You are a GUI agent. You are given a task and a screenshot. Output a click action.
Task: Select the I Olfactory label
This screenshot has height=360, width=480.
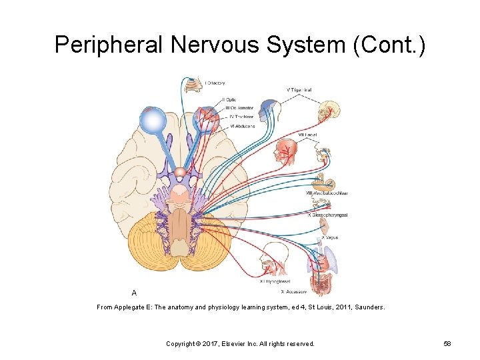[x=215, y=83]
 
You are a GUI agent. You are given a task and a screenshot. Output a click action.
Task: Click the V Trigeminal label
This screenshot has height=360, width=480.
[x=299, y=89]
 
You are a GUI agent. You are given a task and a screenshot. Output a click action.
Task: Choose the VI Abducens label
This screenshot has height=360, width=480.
[x=242, y=126]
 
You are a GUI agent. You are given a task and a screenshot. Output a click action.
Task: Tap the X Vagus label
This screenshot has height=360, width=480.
[x=329, y=237]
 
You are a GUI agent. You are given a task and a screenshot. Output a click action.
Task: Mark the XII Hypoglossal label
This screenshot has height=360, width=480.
[x=274, y=281]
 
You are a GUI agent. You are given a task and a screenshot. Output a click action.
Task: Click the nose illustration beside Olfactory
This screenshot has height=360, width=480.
[x=191, y=83]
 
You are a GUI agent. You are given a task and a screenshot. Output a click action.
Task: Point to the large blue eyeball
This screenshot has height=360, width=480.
[x=153, y=122]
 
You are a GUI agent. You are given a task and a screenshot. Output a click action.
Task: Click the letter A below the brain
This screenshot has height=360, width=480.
[x=135, y=292]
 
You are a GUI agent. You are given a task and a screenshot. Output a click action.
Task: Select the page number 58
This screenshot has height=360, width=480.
[x=447, y=343]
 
